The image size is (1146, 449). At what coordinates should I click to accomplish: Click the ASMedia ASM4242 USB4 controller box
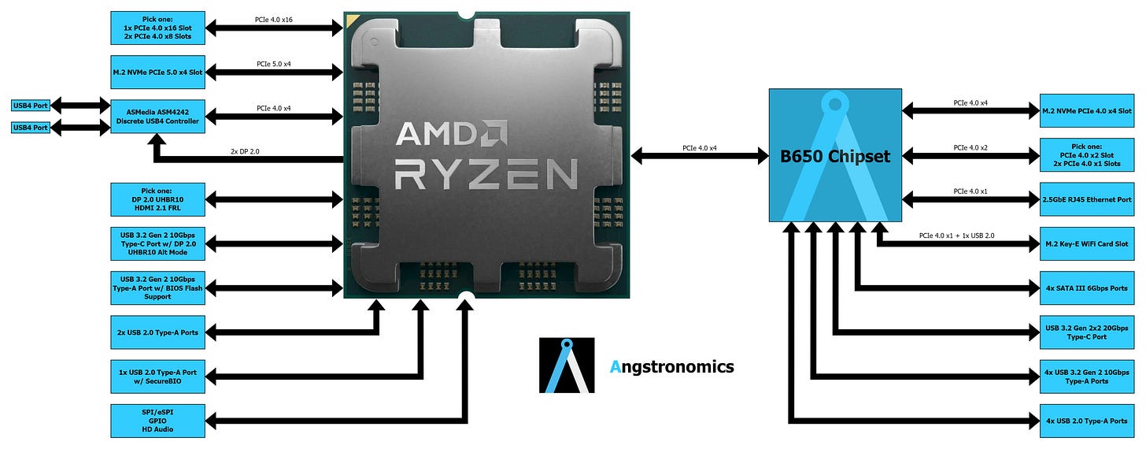[x=157, y=116]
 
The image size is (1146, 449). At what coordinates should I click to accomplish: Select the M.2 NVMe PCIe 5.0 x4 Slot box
[x=157, y=72]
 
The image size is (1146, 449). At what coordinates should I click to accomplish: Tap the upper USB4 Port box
[x=31, y=106]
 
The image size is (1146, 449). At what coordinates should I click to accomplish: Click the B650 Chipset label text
[x=835, y=156]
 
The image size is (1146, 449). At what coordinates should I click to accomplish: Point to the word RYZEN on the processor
[x=486, y=174]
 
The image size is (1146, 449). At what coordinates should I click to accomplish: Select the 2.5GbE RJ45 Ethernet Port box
[x=1087, y=200]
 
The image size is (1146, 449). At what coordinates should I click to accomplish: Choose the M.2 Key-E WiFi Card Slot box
[x=1087, y=244]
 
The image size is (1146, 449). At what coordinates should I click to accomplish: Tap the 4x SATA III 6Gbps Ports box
[x=1087, y=288]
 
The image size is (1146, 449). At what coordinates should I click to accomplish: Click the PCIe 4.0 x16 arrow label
[x=274, y=19]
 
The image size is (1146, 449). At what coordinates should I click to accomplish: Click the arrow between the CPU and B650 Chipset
[x=700, y=157]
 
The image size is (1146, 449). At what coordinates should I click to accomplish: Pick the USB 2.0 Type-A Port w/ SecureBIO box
[x=157, y=376]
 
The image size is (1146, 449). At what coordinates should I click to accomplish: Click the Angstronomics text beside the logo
[x=672, y=366]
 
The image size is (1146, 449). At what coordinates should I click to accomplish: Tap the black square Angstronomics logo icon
[x=567, y=366]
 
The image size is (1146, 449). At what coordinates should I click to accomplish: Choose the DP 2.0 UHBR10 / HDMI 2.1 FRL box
[x=157, y=200]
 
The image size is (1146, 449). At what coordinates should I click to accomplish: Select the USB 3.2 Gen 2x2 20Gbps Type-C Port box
[x=1087, y=332]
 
